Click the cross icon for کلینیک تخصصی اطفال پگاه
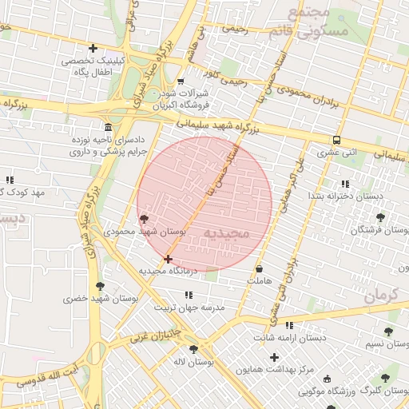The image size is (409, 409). (x=93, y=49)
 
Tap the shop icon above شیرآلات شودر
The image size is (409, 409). (x=181, y=81)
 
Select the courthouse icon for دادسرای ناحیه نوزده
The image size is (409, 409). (x=109, y=128)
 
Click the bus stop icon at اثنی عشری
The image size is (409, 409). (x=336, y=139)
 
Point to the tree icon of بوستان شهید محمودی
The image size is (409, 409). (x=144, y=219)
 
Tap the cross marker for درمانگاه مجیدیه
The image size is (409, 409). (x=168, y=259)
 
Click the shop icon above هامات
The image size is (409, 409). (x=260, y=269)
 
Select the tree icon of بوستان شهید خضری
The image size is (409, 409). (x=100, y=286)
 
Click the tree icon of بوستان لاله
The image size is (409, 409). (x=193, y=349)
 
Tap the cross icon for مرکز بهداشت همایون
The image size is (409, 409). (x=275, y=357)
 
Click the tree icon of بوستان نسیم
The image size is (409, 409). (x=388, y=332)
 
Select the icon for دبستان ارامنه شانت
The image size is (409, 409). (x=289, y=325)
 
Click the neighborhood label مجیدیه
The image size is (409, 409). (x=227, y=232)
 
